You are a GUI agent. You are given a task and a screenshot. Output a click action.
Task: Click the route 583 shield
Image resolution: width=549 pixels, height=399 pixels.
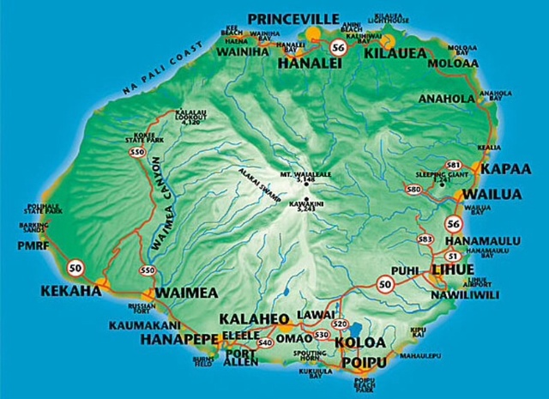pos(424,239)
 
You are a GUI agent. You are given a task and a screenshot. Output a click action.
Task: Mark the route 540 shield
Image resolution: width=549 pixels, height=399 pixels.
pos(264,342)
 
